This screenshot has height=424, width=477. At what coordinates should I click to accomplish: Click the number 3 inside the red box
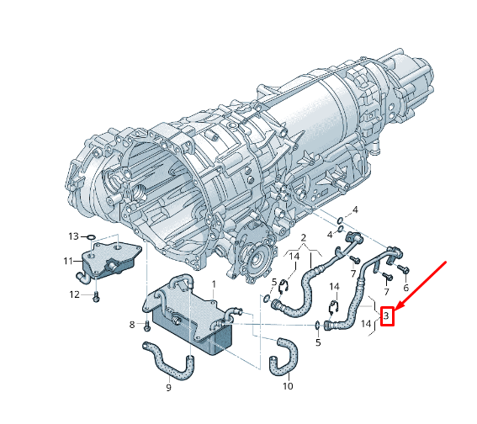coord(387,316)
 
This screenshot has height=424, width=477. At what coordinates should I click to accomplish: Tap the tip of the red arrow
coord(395,310)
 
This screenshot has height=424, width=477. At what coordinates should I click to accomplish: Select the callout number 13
coord(73,236)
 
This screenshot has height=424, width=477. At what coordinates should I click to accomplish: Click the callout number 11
coord(67,261)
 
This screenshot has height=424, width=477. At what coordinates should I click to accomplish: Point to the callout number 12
coord(74,294)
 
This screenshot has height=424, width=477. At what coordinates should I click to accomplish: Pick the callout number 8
coord(132,324)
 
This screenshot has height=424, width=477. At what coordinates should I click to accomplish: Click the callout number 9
coord(168,387)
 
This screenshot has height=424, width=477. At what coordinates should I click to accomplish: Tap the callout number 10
coord(288,387)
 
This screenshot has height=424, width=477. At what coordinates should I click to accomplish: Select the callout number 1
coord(214,284)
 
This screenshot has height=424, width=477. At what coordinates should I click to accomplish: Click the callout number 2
coord(303,238)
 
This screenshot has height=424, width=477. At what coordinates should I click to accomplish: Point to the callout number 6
coord(405,288)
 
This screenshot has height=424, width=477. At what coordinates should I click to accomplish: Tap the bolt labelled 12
coord(96,296)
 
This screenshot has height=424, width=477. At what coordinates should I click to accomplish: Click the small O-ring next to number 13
coord(91,236)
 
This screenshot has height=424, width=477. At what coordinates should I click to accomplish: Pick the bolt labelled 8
coord(146,324)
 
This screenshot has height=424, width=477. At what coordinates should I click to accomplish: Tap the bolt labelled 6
coord(402,270)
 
